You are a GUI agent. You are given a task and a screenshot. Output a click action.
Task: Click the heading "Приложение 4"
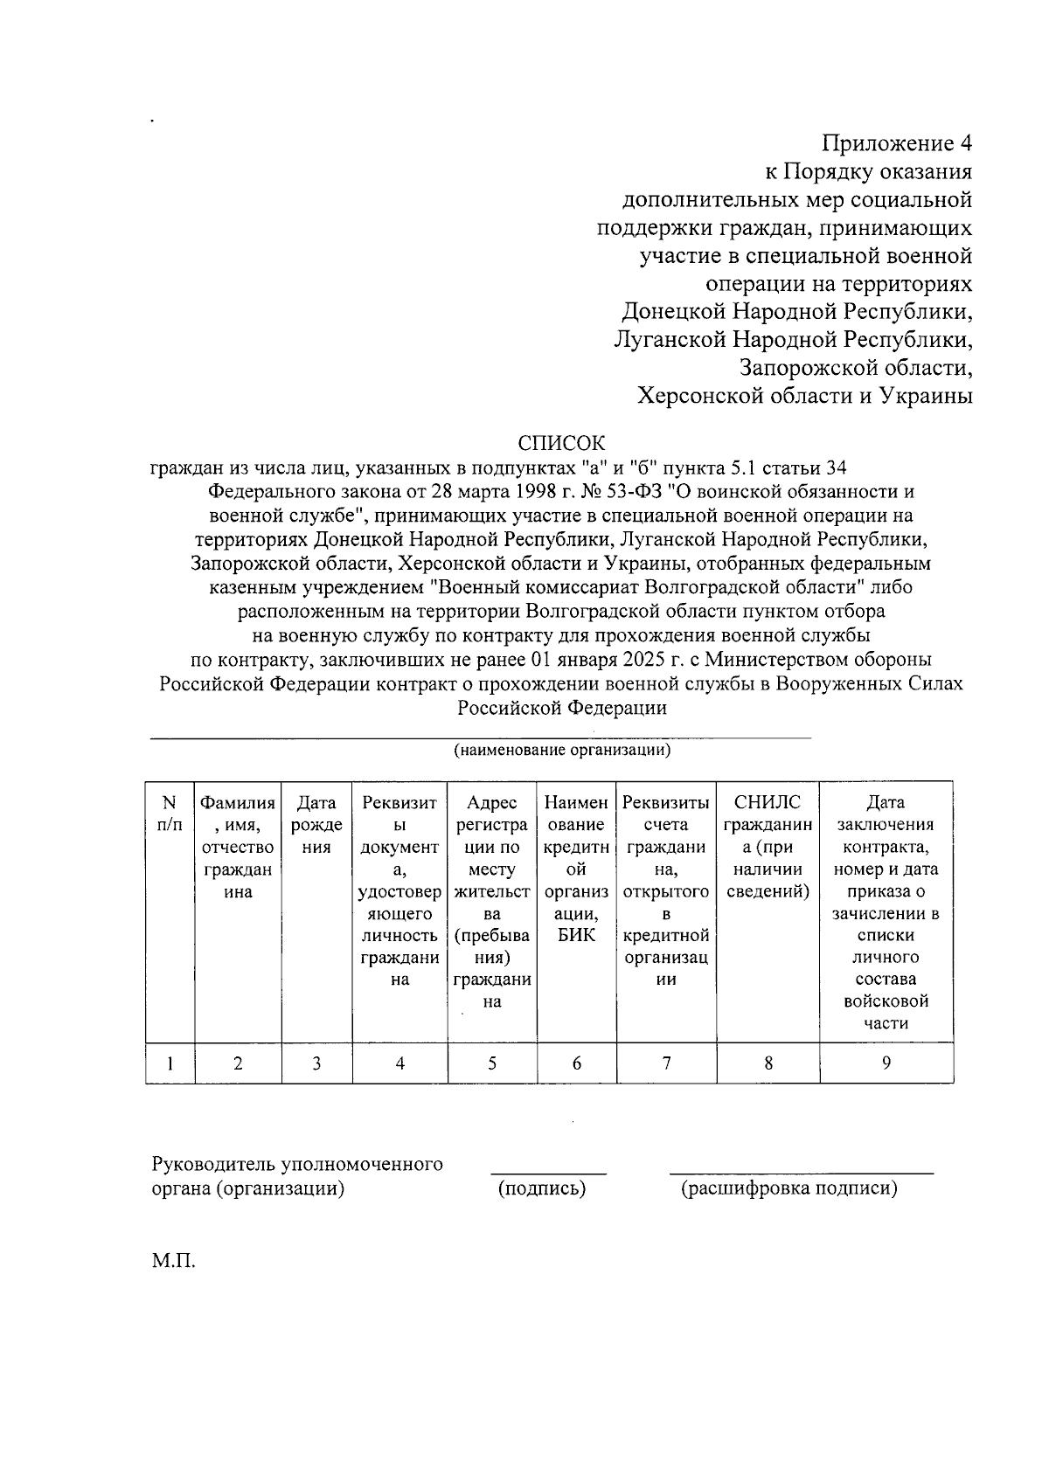(x=897, y=142)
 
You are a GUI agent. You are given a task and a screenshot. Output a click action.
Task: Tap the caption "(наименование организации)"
(x=561, y=751)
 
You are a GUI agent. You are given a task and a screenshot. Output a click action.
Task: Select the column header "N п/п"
(x=170, y=814)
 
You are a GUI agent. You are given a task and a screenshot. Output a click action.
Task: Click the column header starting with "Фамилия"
(x=238, y=847)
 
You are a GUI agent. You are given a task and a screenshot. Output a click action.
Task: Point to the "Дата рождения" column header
(x=316, y=825)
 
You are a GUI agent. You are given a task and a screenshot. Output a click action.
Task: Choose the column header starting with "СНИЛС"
(x=768, y=847)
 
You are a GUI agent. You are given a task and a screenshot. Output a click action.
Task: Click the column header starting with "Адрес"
(x=492, y=901)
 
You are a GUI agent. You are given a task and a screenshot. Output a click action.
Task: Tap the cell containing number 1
(x=170, y=1063)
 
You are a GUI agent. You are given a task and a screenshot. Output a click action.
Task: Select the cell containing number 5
(x=492, y=1063)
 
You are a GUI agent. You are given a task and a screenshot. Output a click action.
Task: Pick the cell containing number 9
(x=886, y=1063)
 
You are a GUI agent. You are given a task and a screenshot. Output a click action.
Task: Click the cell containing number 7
(x=666, y=1063)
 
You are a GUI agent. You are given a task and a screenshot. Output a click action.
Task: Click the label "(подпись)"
(x=542, y=1188)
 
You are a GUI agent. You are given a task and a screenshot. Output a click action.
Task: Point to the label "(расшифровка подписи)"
(x=789, y=1188)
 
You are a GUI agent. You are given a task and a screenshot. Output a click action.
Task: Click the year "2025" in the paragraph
(x=629, y=659)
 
